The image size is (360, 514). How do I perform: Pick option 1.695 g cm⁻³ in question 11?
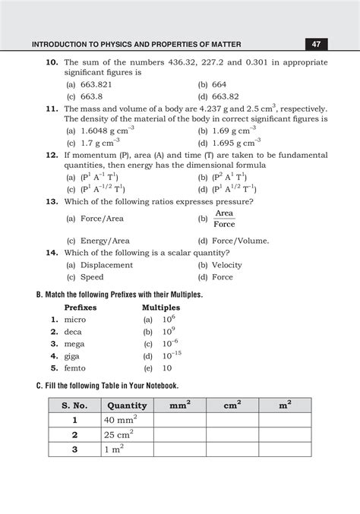coord(229,142)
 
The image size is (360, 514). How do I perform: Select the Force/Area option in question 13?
coord(95,218)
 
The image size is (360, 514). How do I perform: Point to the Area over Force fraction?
coord(224,219)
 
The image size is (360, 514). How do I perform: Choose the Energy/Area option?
coord(98,241)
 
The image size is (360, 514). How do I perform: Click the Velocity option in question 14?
coord(226,265)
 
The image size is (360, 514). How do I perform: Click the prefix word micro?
coord(75,320)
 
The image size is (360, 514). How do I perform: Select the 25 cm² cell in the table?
coord(120,434)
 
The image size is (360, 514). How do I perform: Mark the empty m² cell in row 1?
coord(285,420)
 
